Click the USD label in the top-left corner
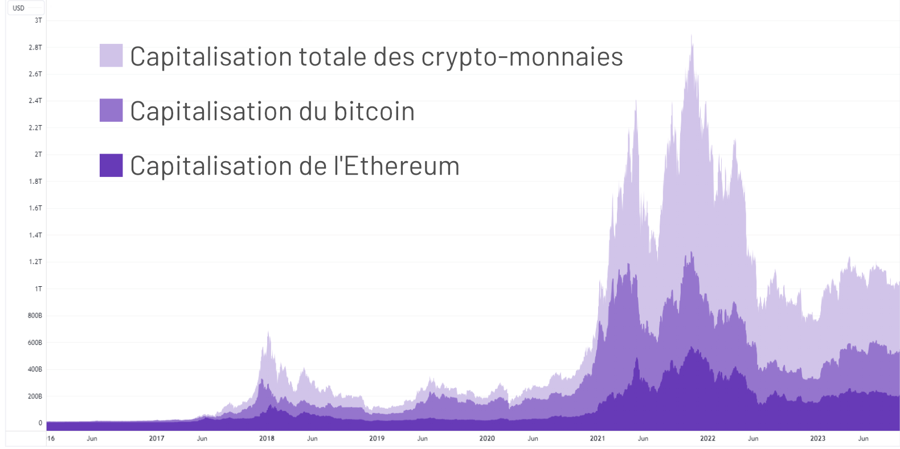coord(19,8)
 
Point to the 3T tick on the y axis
coord(38,20)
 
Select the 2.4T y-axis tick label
coord(35,101)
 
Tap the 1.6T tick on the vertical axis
coord(35,208)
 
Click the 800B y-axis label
coord(35,316)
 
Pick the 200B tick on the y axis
coord(35,397)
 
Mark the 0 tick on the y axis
coord(40,423)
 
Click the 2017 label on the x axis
coord(157,439)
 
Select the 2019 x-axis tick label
coord(377,439)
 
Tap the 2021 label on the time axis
coord(597,439)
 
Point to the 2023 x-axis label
coord(817,439)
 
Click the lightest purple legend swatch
coord(111,56)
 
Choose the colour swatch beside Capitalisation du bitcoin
coord(111,110)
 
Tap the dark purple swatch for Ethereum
coord(111,166)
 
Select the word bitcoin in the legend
coord(374,111)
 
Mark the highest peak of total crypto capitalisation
coord(692,36)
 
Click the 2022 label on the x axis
coord(707,439)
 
